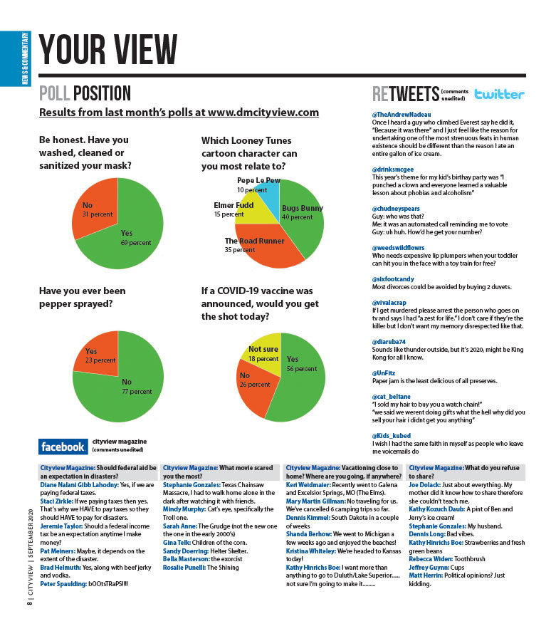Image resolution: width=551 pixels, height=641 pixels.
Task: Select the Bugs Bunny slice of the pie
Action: [303, 221]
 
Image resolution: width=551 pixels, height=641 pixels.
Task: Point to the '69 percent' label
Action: [135, 243]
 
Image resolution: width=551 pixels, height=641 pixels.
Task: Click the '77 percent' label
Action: [136, 391]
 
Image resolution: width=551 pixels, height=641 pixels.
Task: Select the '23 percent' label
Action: [100, 360]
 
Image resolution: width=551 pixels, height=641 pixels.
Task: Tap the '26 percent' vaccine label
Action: [255, 385]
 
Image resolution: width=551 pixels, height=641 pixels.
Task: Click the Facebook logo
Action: [63, 447]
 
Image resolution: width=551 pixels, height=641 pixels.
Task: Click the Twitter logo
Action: [500, 94]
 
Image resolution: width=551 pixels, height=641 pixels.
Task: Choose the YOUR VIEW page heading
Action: [108, 48]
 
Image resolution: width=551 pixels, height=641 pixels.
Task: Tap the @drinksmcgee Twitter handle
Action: [394, 170]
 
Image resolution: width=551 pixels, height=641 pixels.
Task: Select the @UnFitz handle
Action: [384, 372]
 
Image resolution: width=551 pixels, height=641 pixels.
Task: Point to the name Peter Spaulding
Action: [64, 584]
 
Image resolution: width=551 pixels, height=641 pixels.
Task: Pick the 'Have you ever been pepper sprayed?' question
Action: [83, 298]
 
